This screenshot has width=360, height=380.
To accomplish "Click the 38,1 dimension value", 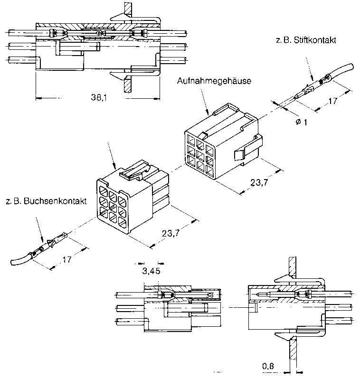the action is coord(99,97).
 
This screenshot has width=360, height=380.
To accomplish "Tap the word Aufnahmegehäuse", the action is coord(214,81).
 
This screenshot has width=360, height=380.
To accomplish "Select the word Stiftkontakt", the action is coord(315,40).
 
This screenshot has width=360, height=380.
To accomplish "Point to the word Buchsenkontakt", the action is coord(55,201).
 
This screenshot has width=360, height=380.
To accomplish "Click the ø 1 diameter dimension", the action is coord(302,122).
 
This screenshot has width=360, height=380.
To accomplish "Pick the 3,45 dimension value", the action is coord(151,271).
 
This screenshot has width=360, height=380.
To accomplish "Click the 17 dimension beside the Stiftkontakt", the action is coord(332,101).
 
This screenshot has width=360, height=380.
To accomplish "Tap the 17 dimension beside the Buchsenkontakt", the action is coord(67,259).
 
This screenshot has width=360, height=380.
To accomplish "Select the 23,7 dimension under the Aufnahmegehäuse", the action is coord(259,182).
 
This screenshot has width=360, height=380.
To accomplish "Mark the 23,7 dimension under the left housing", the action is coord(171,233).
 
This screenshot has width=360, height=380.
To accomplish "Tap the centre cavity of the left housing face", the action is coord(113,206).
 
